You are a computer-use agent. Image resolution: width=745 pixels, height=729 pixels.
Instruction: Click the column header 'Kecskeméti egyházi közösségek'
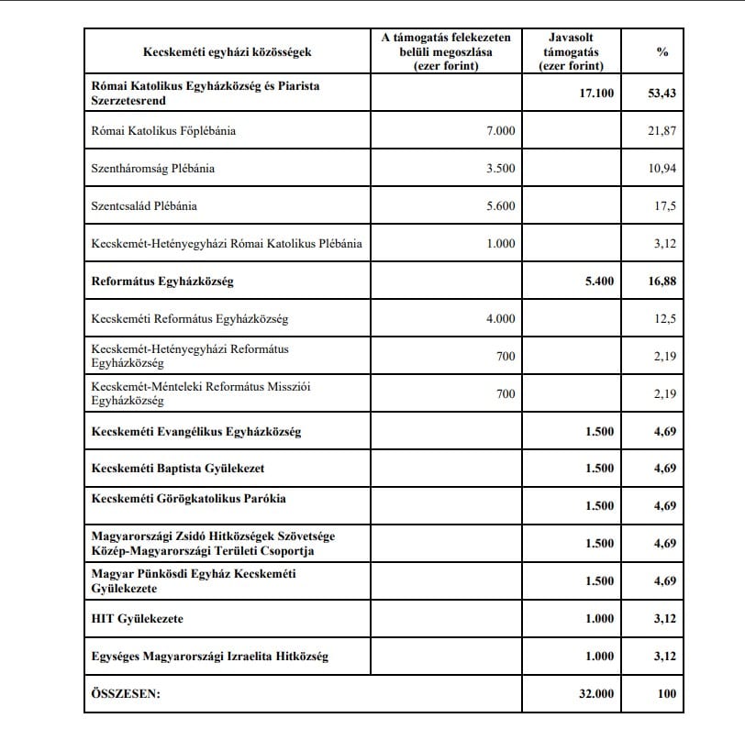(224, 52)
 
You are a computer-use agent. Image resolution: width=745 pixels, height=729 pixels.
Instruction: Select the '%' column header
(662, 52)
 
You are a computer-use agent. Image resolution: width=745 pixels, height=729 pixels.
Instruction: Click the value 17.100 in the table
(595, 94)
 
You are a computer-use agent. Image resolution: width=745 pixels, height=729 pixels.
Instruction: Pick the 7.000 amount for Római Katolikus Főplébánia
(500, 131)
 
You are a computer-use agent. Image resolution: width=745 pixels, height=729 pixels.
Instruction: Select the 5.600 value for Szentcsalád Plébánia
(500, 206)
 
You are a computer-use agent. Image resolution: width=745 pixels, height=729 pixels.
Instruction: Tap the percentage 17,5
(665, 206)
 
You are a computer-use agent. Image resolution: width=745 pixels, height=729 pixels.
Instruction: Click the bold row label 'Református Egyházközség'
(163, 282)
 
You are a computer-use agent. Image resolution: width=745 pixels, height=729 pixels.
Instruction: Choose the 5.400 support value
(599, 282)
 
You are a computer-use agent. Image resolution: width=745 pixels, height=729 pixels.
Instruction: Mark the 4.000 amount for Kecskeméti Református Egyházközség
(500, 319)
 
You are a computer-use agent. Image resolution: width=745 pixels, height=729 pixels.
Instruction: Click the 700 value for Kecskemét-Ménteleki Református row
(506, 394)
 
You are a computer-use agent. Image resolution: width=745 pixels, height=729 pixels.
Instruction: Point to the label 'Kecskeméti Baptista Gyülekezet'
(178, 469)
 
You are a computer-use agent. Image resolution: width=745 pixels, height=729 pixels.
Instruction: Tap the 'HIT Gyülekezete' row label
(138, 619)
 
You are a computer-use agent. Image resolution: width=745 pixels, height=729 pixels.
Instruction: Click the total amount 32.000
(595, 694)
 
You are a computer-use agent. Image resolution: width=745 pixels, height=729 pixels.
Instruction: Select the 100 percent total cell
(666, 694)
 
